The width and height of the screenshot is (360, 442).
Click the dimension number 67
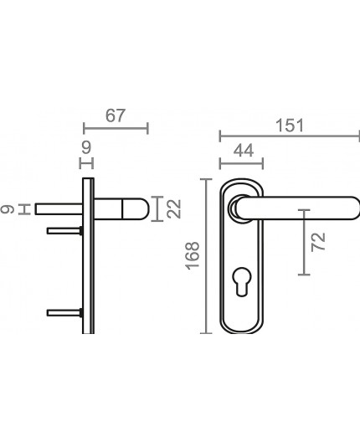pos(116,116)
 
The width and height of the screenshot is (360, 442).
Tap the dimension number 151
pos(287,125)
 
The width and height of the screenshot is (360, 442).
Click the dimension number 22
pos(173,209)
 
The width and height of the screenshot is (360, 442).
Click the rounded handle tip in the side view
pos(139,209)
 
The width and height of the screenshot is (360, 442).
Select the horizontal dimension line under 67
pos(116,128)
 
